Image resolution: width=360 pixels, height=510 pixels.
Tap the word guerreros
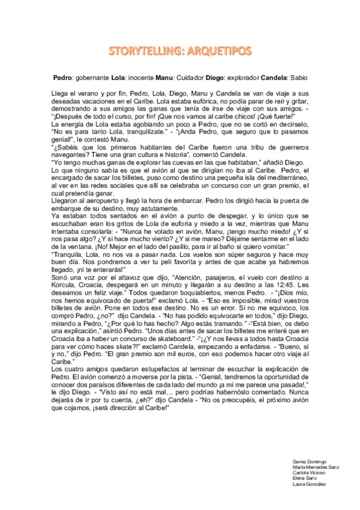(x=276, y=146)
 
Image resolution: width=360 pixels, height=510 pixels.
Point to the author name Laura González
(x=309, y=484)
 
